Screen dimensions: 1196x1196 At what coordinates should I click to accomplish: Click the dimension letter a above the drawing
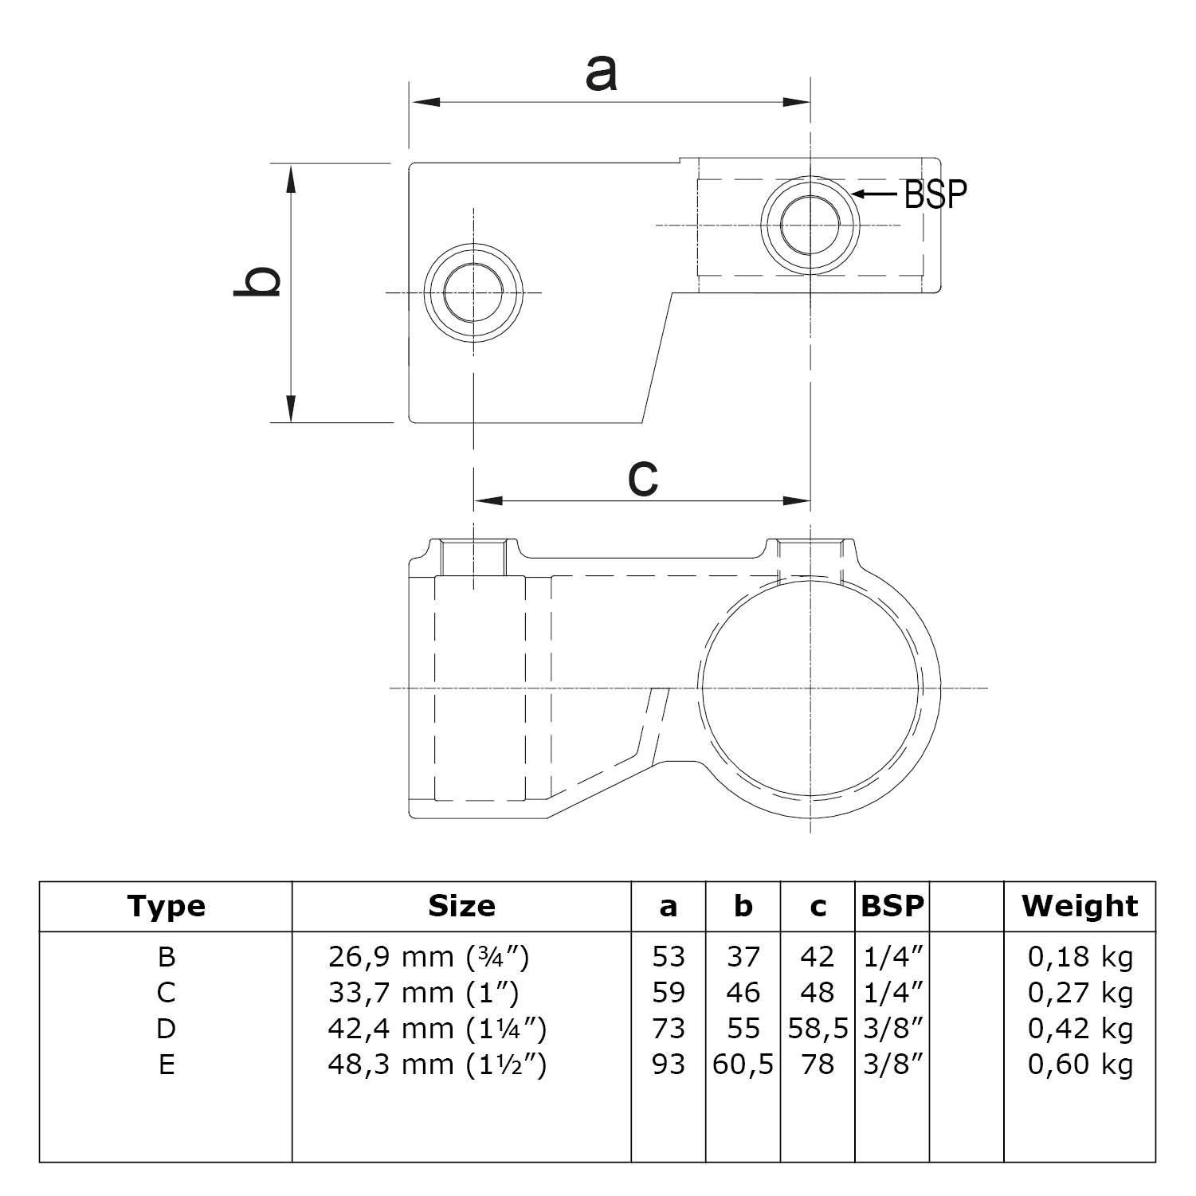601,74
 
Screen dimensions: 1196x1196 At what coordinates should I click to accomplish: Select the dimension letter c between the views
642,478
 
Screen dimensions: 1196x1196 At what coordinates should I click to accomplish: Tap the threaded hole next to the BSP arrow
810,225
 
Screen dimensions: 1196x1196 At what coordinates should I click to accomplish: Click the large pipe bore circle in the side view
810,687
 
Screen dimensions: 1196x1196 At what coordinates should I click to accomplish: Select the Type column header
166,907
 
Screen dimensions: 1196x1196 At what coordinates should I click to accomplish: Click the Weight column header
1080,907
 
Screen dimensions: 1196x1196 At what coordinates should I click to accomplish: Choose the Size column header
461,907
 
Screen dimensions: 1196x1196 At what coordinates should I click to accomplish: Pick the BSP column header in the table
892,907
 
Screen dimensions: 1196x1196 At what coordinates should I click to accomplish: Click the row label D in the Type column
166,1029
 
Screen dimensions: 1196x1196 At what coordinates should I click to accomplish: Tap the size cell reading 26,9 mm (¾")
428,956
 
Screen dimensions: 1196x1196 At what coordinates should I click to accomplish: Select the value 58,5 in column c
818,1029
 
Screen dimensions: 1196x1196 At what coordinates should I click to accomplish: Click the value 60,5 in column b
743,1065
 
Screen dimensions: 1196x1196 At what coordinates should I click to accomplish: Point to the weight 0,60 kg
1080,1065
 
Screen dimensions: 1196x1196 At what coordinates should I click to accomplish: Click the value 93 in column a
668,1065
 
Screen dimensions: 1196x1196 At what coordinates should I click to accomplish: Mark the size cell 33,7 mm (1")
423,993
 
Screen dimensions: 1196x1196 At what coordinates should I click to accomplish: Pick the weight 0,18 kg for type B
1080,956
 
